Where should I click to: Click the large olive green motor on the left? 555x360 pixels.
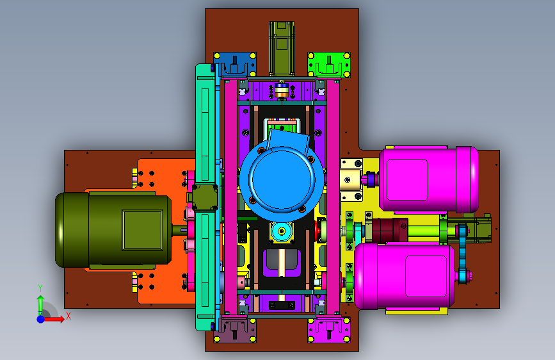tap(113, 229)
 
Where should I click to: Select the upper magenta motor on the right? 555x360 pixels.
tap(429, 179)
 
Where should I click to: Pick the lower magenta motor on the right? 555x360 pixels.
tap(404, 276)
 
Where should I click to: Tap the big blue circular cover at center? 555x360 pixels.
tap(282, 179)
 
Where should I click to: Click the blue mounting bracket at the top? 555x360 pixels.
tap(235, 65)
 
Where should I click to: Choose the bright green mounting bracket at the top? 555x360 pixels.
tap(329, 65)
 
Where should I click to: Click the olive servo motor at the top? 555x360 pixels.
tap(282, 49)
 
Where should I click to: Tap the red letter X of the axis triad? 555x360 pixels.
tap(68, 316)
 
